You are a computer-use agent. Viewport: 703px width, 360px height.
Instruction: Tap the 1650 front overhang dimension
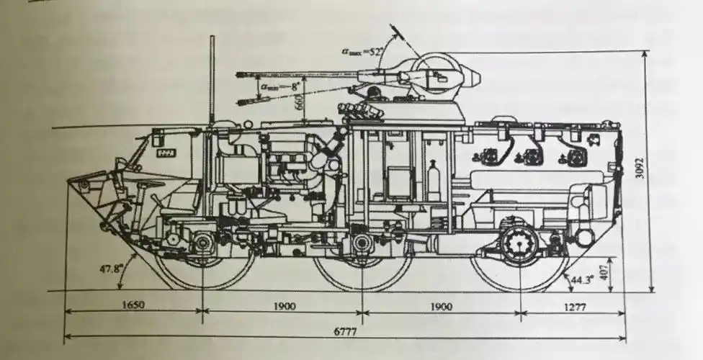(x=133, y=305)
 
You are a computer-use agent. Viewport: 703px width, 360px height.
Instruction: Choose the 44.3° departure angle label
(x=582, y=279)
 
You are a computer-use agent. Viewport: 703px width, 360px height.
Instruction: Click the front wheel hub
(x=202, y=243)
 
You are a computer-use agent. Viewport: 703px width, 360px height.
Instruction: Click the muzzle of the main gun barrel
(x=238, y=74)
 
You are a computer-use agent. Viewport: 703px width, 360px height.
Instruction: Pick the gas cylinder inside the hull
(x=434, y=180)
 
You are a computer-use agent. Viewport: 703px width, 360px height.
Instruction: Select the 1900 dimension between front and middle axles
(x=284, y=306)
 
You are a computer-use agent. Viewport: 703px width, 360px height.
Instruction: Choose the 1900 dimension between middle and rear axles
(x=440, y=307)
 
